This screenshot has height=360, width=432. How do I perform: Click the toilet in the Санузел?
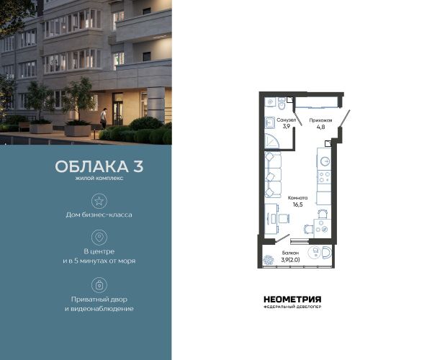tap(282, 104)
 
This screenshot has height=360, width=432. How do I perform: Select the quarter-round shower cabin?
tap(271, 141)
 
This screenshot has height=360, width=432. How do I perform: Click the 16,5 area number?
tap(297, 204)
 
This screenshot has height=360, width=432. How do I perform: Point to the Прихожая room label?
tap(320, 120)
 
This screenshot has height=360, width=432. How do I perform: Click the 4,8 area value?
tap(320, 127)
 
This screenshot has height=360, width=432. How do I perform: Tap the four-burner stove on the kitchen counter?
tap(324, 177)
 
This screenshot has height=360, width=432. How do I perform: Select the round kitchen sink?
tap(325, 161)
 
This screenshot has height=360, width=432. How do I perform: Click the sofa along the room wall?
tap(273, 175)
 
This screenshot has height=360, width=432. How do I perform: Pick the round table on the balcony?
tap(315, 252)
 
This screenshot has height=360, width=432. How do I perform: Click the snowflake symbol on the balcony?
tap(268, 261)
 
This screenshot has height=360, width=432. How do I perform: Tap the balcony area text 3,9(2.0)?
tap(290, 259)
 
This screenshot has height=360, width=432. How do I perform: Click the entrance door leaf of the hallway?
tap(344, 118)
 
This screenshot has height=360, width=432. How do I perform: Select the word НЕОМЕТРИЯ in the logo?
tap(292, 300)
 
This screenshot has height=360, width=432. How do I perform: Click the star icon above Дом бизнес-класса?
tap(99, 201)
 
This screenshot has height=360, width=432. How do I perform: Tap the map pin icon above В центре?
tap(99, 237)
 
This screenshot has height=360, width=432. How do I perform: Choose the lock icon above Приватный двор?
tap(99, 285)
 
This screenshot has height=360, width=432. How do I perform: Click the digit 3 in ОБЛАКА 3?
tap(138, 166)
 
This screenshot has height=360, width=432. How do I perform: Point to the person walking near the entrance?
tap(103, 118)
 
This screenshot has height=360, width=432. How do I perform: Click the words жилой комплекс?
tap(99, 179)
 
